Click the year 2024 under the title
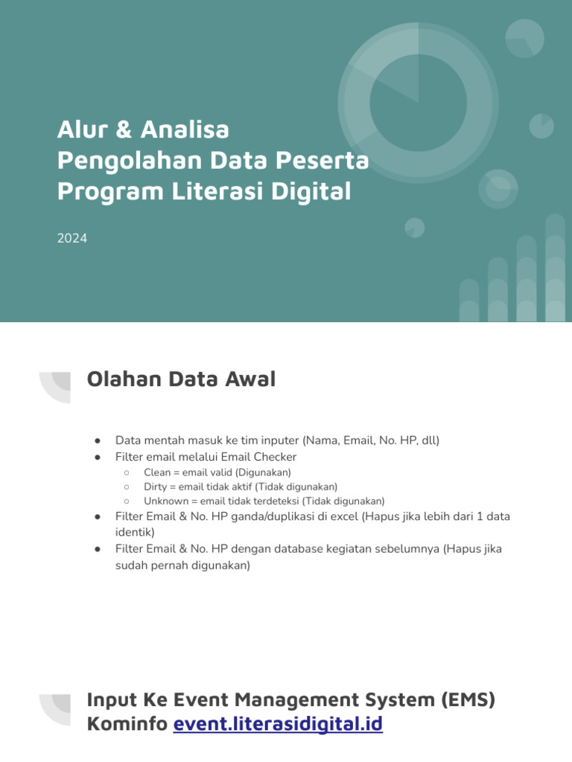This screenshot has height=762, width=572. click(x=72, y=239)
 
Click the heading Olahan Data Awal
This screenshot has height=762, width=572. click(x=181, y=380)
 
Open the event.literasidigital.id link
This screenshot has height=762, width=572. click(x=278, y=723)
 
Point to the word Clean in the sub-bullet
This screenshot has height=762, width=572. click(x=158, y=473)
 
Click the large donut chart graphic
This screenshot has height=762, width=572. click(x=418, y=103)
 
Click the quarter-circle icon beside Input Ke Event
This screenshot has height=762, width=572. click(x=56, y=709)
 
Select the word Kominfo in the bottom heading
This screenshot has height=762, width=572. click(x=127, y=723)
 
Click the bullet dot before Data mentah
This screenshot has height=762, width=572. click(x=98, y=441)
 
